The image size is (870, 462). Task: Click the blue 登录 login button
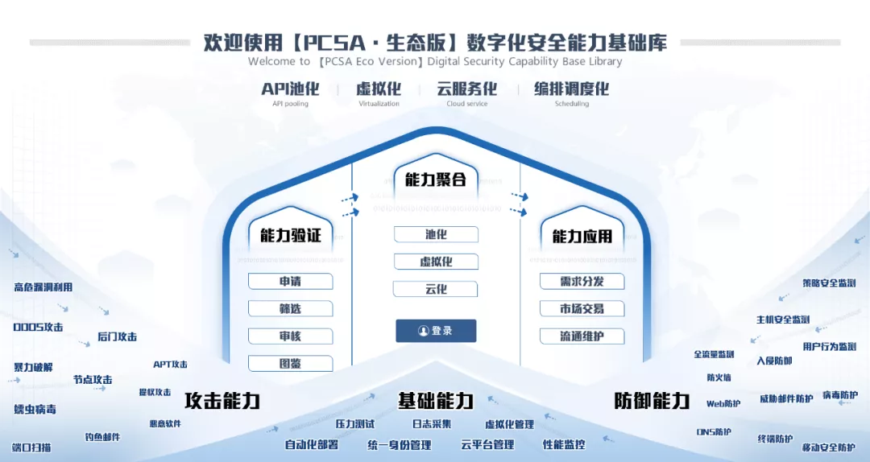pyautogui.click(x=436, y=331)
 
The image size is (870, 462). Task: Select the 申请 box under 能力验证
pyautogui.click(x=290, y=282)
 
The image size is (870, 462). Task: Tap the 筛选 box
pyautogui.click(x=290, y=309)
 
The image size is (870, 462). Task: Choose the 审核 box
pyautogui.click(x=290, y=336)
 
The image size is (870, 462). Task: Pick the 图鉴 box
pyautogui.click(x=290, y=364)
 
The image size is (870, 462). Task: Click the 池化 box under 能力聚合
pyautogui.click(x=436, y=235)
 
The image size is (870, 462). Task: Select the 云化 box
pyautogui.click(x=436, y=289)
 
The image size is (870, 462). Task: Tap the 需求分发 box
pyautogui.click(x=582, y=282)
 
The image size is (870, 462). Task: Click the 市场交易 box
pyautogui.click(x=582, y=309)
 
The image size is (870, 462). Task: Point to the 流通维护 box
pyautogui.click(x=582, y=336)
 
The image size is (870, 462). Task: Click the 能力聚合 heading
pyautogui.click(x=435, y=179)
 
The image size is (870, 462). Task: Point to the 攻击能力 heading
pyautogui.click(x=222, y=401)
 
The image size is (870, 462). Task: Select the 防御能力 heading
pyautogui.click(x=652, y=401)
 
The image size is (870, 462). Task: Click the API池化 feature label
pyautogui.click(x=290, y=89)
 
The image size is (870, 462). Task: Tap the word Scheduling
pyautogui.click(x=571, y=104)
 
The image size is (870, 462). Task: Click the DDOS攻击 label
pyautogui.click(x=38, y=328)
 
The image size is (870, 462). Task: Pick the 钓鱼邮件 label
pyautogui.click(x=102, y=437)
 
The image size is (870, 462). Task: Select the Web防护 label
pyautogui.click(x=723, y=404)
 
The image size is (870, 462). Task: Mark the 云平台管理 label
pyautogui.click(x=487, y=444)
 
